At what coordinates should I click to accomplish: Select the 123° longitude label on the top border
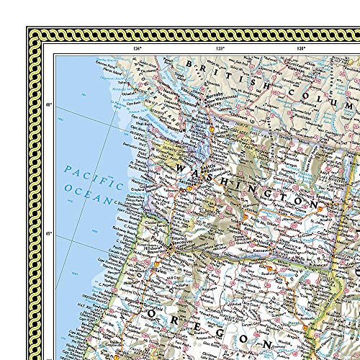(221, 48)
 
